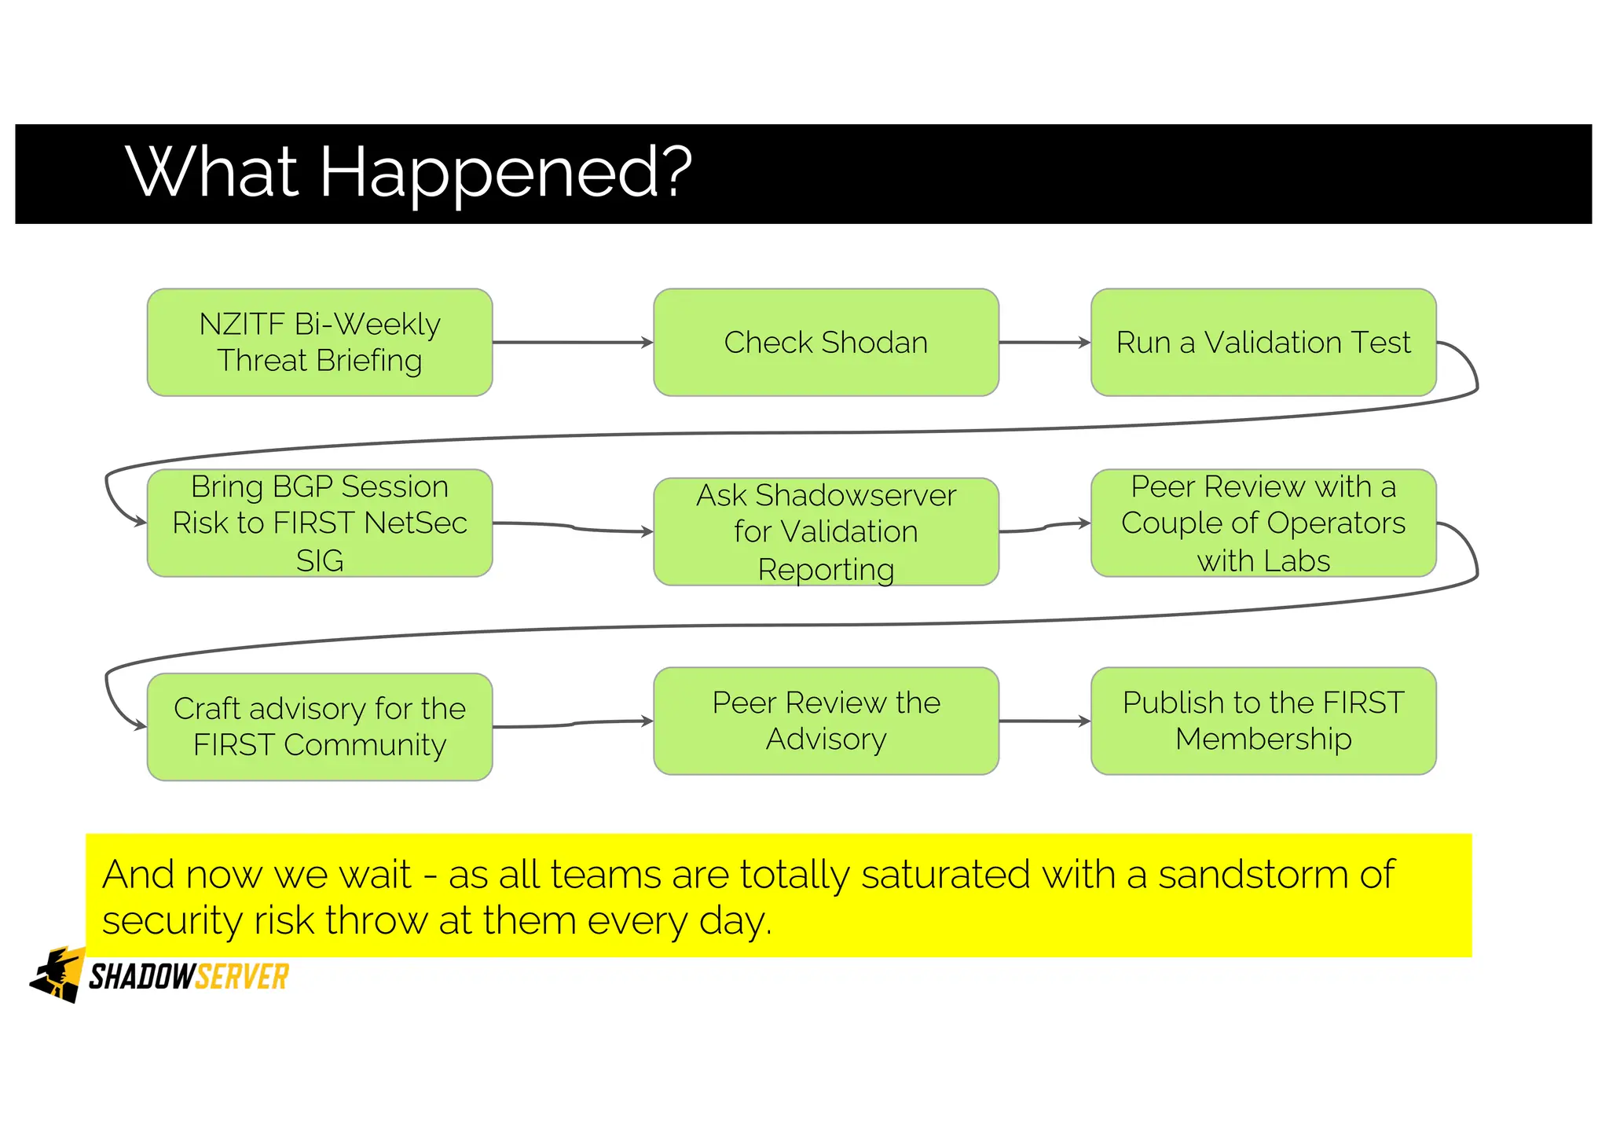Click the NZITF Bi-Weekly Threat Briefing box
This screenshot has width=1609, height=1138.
(320, 342)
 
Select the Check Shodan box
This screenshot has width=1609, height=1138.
(826, 342)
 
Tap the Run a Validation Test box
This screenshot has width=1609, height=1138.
(1263, 342)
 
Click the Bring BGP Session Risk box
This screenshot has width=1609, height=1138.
(320, 523)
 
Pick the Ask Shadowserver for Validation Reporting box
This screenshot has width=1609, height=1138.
(826, 531)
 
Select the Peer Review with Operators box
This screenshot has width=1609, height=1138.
(1263, 523)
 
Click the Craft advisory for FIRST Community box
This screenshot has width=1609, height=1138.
(320, 726)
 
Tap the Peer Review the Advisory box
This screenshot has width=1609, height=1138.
(826, 721)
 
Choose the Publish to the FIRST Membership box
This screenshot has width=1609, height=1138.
(1263, 721)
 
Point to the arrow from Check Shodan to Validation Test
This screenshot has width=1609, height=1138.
(1044, 342)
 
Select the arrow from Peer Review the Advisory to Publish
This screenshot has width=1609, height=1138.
(1044, 721)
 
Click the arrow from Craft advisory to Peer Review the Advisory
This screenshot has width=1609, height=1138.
(574, 724)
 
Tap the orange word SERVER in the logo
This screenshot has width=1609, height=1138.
(242, 977)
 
